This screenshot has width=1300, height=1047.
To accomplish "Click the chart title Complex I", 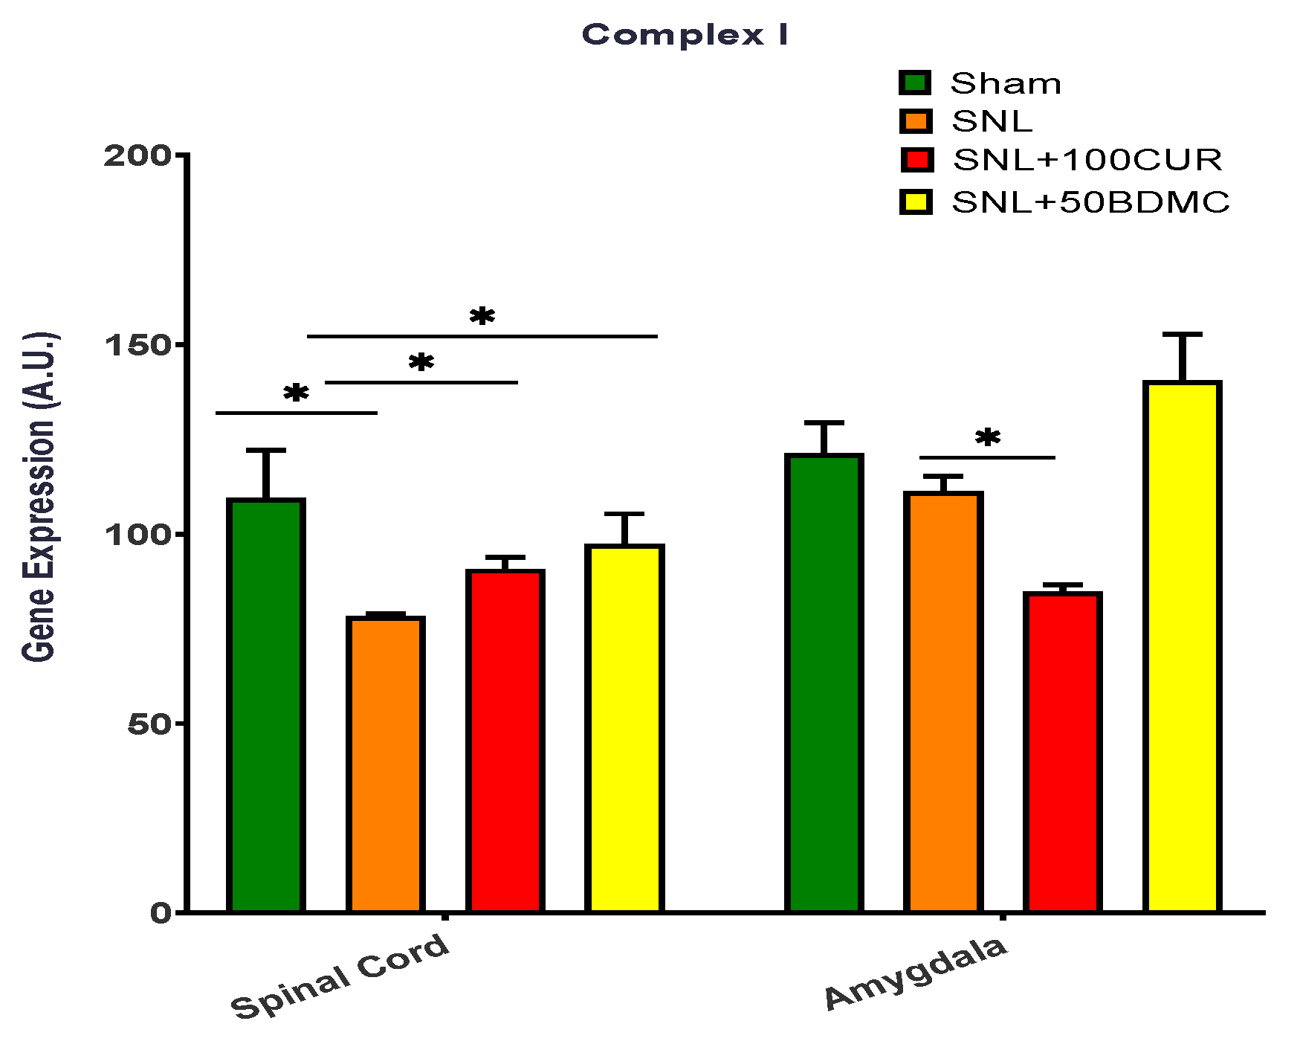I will (684, 35).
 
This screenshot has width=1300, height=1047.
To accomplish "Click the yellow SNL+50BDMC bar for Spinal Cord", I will (624, 728).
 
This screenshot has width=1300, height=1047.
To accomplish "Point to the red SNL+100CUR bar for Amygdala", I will (1062, 752).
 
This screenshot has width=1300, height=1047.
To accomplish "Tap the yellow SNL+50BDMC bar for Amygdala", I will (1182, 646).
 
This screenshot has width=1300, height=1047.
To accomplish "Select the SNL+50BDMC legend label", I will (1090, 202).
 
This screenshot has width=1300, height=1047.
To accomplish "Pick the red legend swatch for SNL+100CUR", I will (916, 160).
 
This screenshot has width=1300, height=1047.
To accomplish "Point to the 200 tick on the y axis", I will (138, 155).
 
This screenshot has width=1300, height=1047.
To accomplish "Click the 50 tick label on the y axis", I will (149, 724).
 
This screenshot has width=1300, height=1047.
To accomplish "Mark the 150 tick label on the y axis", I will (138, 345).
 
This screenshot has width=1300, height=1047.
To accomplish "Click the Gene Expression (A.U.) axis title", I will (39, 497).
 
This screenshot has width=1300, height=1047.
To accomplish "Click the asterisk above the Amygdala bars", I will (987, 439).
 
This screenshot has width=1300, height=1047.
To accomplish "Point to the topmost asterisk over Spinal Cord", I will (482, 317).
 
